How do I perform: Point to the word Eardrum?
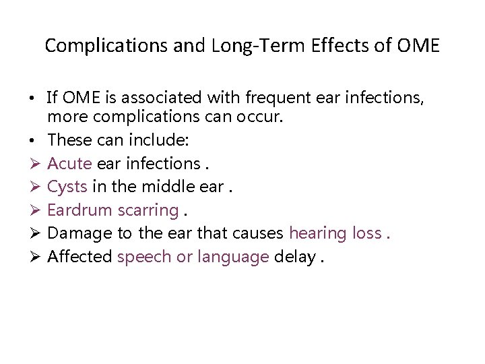click(80, 210)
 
